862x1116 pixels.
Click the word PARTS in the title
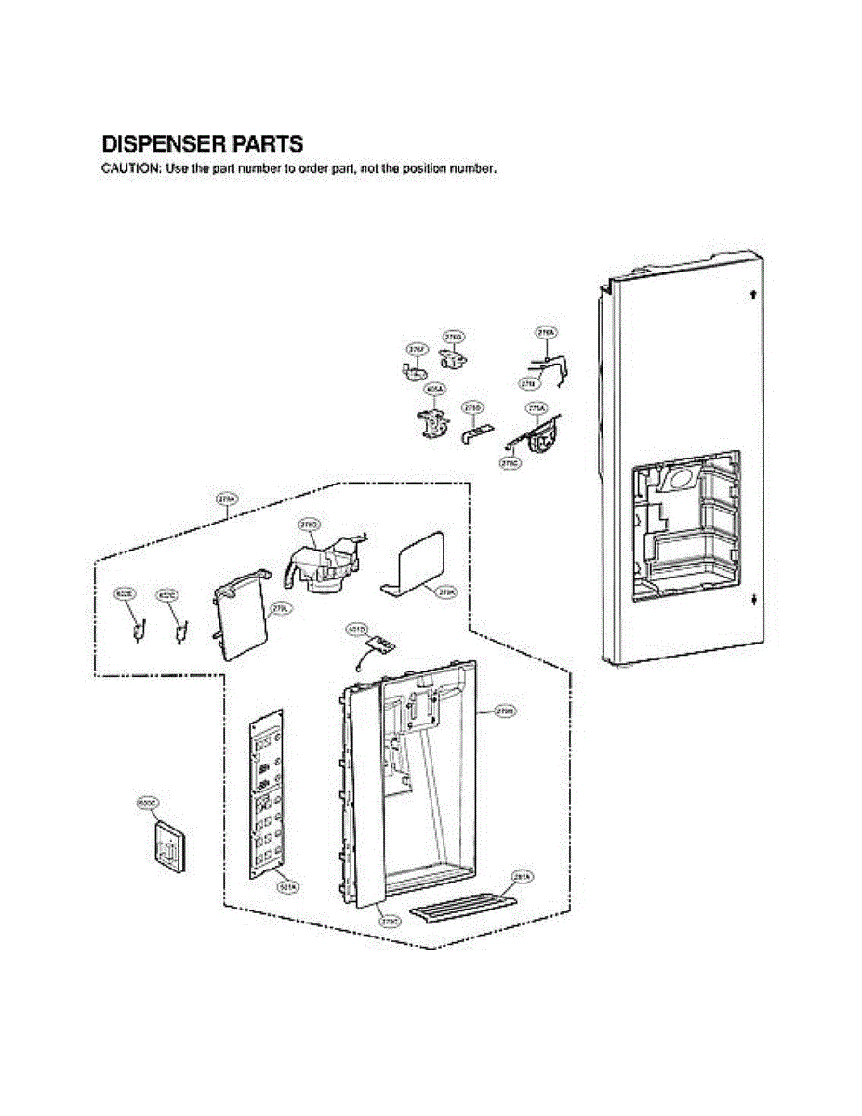click(271, 145)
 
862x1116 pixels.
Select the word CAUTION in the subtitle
click(130, 169)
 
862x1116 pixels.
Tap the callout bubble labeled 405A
click(433, 389)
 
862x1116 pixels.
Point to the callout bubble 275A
click(537, 408)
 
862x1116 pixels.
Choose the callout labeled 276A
click(546, 332)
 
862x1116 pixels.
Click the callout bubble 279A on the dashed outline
click(226, 499)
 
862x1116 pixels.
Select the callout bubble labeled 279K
click(445, 590)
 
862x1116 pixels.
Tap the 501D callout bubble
click(356, 631)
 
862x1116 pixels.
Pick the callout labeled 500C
click(148, 801)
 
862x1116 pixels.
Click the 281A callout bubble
click(522, 876)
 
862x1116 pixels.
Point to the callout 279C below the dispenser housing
click(390, 921)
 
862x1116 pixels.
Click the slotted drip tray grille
click(462, 903)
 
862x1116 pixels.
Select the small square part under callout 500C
click(168, 847)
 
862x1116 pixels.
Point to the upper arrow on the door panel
click(751, 296)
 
